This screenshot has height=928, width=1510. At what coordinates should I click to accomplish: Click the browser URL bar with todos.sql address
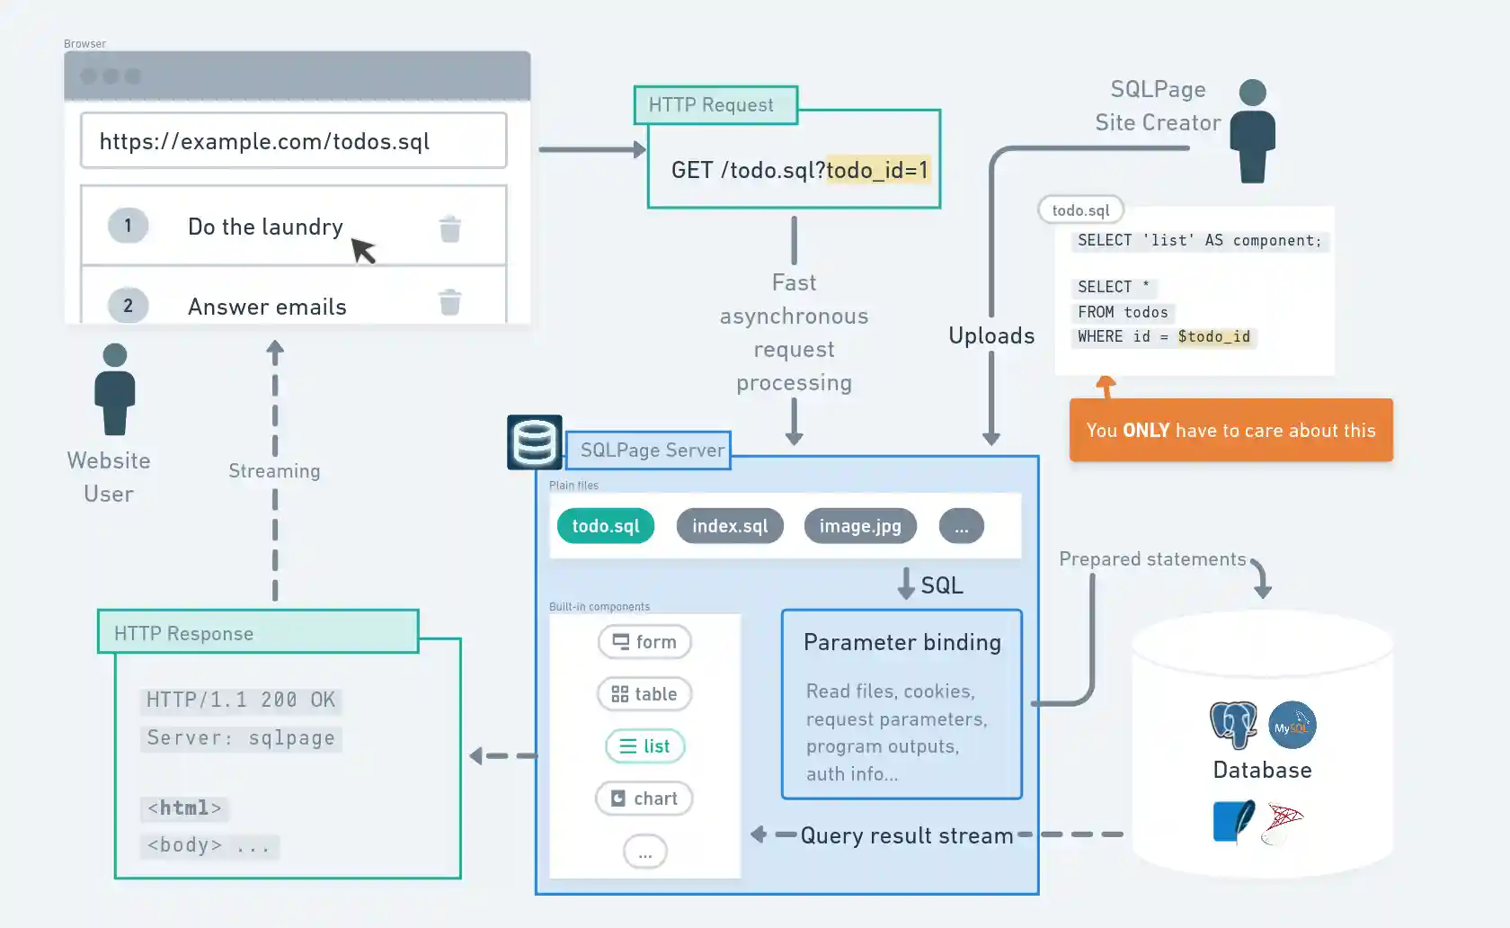coord(293,140)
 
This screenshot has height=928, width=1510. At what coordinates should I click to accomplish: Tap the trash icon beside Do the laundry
coord(450,228)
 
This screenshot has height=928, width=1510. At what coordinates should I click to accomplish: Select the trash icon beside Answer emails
coord(450,302)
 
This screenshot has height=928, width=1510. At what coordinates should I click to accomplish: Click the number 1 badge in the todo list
coord(128,226)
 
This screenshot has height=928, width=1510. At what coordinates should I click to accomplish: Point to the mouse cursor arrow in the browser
coord(362,250)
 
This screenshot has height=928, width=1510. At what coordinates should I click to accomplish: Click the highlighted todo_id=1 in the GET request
coord(877,170)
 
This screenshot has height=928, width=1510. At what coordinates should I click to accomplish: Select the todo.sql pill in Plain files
coord(606,526)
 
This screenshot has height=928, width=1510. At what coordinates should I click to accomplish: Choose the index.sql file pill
coord(730,526)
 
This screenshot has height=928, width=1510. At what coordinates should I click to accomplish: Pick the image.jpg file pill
coord(860,526)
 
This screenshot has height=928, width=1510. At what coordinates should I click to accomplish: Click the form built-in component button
coord(644,642)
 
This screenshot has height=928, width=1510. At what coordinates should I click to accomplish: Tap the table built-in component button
coord(644,694)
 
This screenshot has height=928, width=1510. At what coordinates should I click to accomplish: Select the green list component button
coord(644,746)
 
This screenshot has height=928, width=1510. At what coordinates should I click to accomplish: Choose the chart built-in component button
coord(644,799)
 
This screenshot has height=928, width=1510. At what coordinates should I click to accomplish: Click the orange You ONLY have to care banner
coord(1230,431)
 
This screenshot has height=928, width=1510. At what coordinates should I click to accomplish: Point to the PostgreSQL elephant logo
coord(1234,724)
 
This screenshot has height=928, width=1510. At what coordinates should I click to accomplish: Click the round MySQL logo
coord(1292,725)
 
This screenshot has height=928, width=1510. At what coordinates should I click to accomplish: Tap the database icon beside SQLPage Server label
coord(535,442)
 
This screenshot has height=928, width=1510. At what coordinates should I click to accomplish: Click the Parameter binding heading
coord(902,642)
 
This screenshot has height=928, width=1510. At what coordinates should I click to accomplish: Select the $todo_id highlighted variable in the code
coord(1213,336)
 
